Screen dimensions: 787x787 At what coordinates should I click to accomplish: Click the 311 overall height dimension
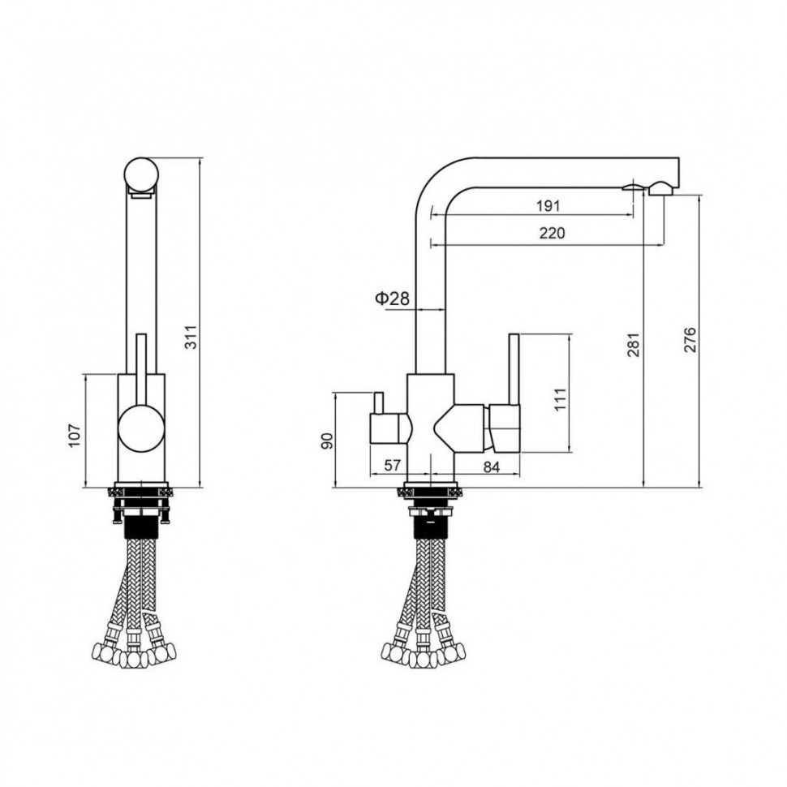[191, 338]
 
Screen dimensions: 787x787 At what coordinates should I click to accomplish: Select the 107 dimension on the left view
[74, 435]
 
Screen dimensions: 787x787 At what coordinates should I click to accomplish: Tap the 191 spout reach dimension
[548, 206]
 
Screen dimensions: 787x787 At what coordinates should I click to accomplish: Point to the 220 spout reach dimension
[552, 234]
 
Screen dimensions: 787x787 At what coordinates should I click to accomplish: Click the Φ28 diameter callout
[392, 299]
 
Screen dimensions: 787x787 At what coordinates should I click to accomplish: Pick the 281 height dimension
[634, 345]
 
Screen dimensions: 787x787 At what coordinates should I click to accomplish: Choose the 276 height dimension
[690, 339]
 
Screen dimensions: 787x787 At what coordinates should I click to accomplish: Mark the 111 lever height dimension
[561, 399]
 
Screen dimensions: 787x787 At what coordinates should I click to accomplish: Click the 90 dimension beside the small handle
[327, 441]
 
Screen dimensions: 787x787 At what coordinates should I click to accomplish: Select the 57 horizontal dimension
[392, 466]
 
